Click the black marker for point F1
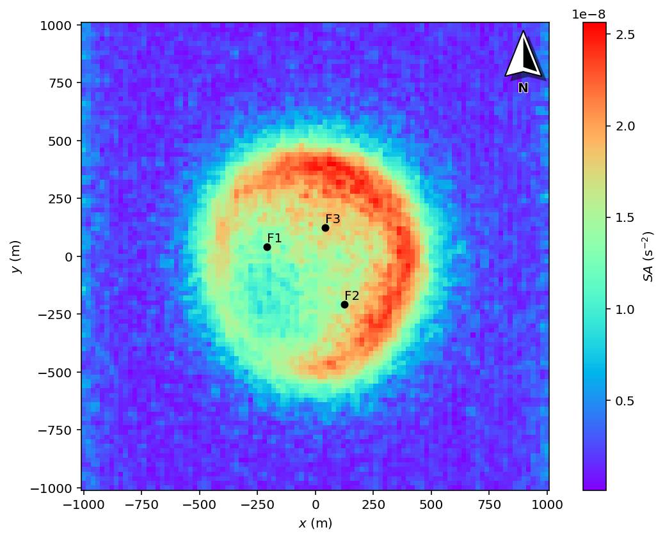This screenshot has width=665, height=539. pyautogui.click(x=267, y=247)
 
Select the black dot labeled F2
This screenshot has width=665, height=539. pyautogui.click(x=344, y=304)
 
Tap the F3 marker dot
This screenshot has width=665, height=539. pyautogui.click(x=325, y=228)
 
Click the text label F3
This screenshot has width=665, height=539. pyautogui.click(x=333, y=219)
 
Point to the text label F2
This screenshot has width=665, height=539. pyautogui.click(x=352, y=295)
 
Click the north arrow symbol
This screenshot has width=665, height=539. pyautogui.click(x=524, y=56)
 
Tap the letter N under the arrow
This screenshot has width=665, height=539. pyautogui.click(x=523, y=88)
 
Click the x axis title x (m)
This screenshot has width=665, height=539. pyautogui.click(x=315, y=523)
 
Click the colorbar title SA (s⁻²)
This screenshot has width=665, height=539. pyautogui.click(x=649, y=256)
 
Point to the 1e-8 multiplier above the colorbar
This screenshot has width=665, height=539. pyautogui.click(x=588, y=14)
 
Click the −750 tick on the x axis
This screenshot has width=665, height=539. pyautogui.click(x=141, y=503)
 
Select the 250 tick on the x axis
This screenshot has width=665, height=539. pyautogui.click(x=373, y=503)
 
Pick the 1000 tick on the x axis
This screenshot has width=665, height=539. pyautogui.click(x=547, y=503)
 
